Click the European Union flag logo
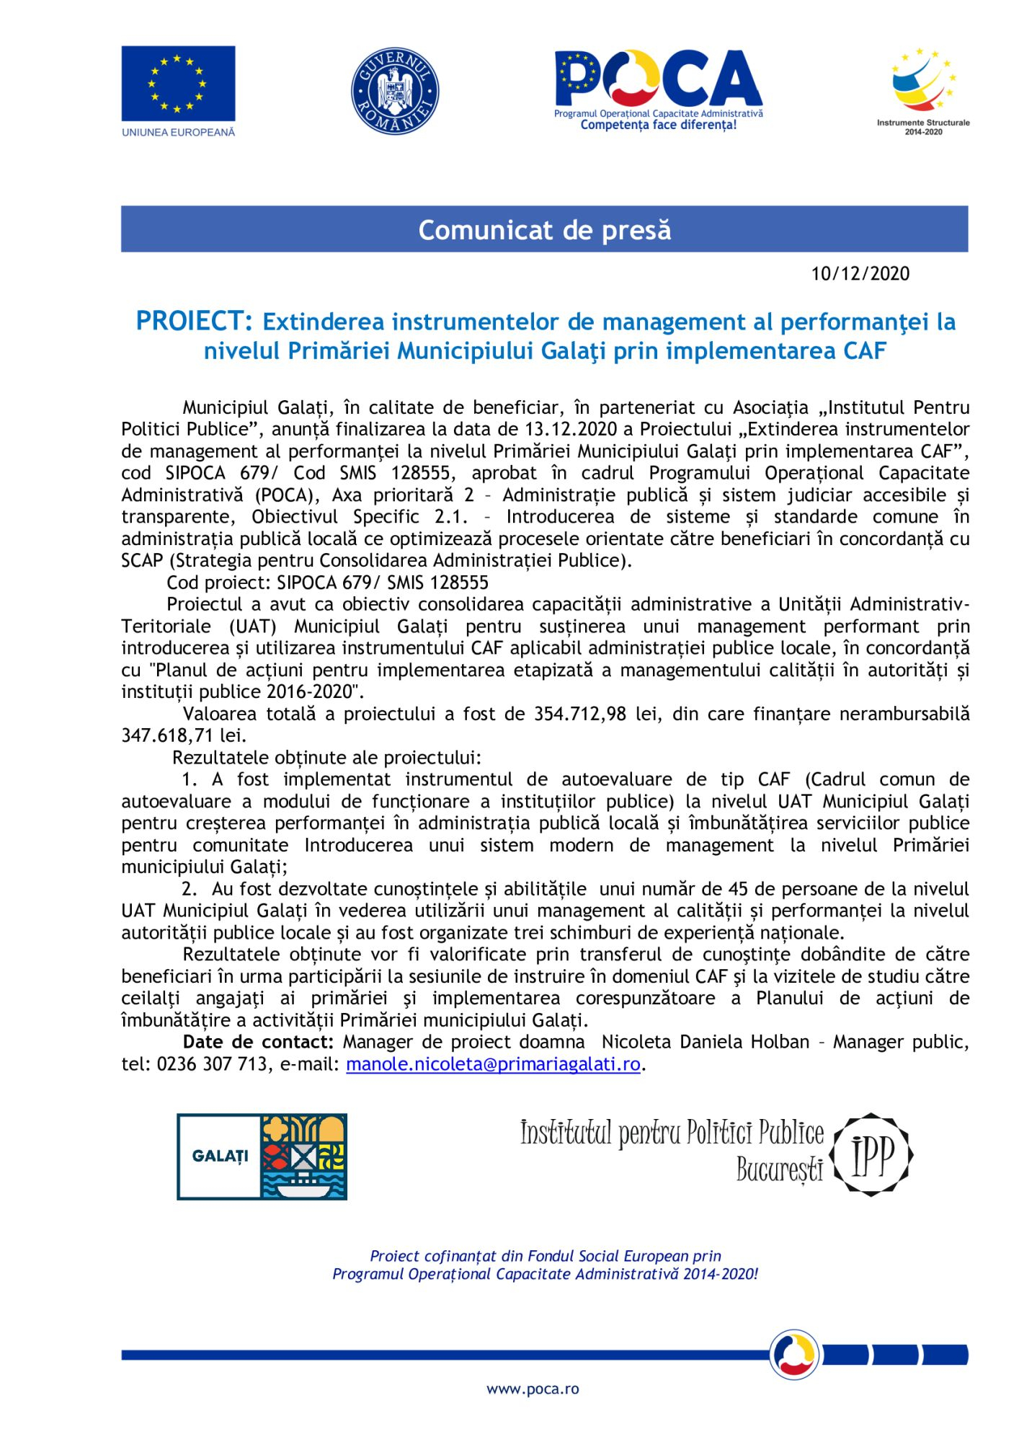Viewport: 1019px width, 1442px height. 178,83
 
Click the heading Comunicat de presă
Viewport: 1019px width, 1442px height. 544,230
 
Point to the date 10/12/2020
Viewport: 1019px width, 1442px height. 860,274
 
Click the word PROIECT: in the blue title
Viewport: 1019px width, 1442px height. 194,322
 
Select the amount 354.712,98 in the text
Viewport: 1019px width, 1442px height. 579,714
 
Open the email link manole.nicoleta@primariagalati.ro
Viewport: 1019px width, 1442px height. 493,1064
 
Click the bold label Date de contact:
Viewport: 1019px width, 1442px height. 258,1043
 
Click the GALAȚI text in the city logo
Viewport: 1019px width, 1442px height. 220,1156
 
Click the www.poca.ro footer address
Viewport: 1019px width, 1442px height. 533,1389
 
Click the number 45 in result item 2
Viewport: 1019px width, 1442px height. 737,889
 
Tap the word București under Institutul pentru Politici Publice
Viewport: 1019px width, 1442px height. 779,1169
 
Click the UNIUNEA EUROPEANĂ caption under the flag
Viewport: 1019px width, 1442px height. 178,133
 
